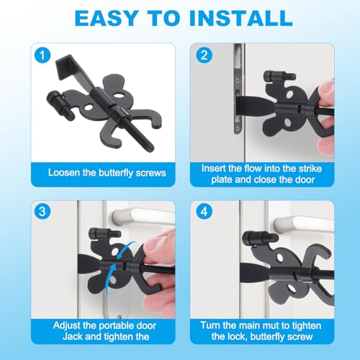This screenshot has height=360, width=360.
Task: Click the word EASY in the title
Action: [106, 18]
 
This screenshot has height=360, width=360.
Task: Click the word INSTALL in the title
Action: [240, 18]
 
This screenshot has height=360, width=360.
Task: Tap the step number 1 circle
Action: [42, 55]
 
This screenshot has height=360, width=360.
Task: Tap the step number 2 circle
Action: [204, 55]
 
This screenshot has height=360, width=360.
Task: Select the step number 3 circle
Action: [42, 212]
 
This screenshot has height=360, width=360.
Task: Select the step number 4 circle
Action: [204, 212]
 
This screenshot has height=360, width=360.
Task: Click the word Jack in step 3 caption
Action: [73, 336]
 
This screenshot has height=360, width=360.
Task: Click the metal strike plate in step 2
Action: [238, 89]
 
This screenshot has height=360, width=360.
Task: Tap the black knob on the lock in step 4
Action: [250, 237]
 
